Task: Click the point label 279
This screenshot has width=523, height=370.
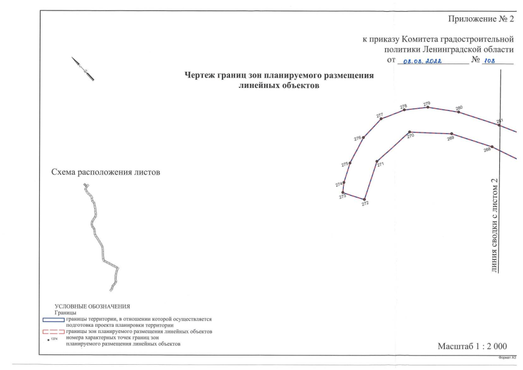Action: point(426,102)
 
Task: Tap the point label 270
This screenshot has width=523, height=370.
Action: point(410,136)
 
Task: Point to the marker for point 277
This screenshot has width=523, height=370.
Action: point(381,119)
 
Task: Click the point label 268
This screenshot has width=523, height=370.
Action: point(487,149)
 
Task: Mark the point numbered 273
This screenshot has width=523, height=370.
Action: point(343,192)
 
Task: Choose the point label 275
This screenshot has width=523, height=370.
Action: point(344,164)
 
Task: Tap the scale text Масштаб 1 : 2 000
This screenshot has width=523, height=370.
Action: point(472,346)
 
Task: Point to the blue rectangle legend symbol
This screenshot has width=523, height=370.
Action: point(53,319)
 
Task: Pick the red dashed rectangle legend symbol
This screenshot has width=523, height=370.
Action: point(53,332)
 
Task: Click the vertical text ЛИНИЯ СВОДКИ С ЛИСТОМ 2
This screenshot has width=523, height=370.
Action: point(494,225)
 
